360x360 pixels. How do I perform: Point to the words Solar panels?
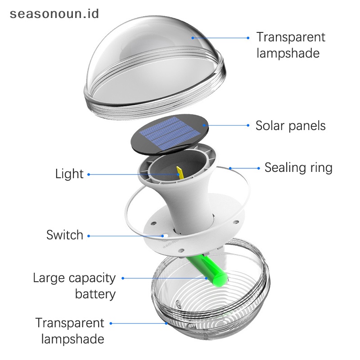point(290,126)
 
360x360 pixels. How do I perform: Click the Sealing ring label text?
point(298,168)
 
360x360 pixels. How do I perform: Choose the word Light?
point(69,174)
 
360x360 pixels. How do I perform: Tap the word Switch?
point(65,235)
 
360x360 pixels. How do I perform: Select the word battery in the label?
point(95,294)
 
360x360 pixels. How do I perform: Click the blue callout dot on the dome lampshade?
point(193,38)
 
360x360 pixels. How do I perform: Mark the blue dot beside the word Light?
point(89,174)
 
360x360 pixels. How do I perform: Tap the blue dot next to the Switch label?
point(89,235)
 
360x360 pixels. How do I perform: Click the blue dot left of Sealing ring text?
point(258,168)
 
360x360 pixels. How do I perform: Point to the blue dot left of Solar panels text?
point(248,126)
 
